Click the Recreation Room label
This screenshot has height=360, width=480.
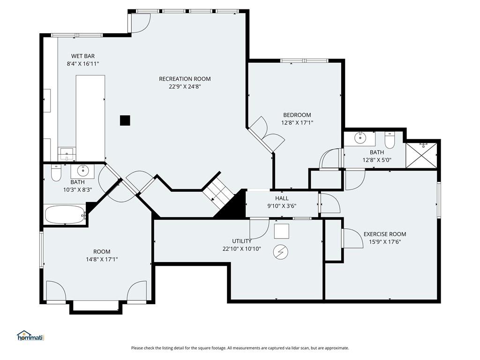(185, 79)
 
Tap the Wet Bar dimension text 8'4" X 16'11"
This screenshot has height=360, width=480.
(83, 64)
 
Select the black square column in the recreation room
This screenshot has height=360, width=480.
(125, 120)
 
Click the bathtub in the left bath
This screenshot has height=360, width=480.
(65, 215)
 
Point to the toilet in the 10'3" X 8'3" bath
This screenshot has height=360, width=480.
(56, 173)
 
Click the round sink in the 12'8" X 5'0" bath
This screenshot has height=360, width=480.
(360, 138)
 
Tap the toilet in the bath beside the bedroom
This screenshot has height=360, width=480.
(390, 140)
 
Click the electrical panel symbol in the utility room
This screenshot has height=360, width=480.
(281, 252)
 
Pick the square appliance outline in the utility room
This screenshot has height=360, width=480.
(281, 231)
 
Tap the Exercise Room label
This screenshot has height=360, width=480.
(385, 234)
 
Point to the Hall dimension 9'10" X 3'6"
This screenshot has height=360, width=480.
(282, 206)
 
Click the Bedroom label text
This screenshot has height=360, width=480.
(297, 115)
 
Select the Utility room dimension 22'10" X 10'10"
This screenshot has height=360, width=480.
(242, 249)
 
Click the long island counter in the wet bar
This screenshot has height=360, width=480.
(90, 118)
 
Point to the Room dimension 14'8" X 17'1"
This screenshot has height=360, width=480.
(102, 260)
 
